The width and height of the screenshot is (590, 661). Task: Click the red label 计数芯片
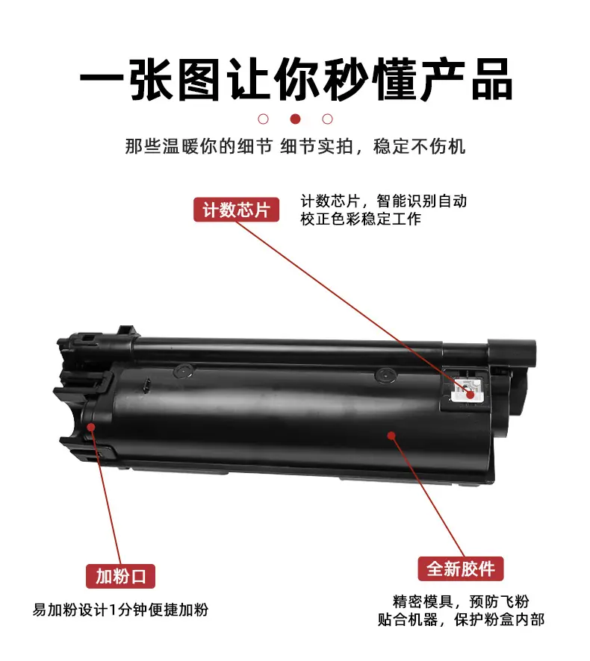tap(236, 210)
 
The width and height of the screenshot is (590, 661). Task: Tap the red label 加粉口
tap(121, 576)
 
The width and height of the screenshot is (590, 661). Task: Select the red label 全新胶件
tap(461, 568)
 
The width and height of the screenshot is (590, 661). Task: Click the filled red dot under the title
tap(296, 119)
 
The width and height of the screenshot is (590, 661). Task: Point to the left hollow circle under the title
tap(264, 119)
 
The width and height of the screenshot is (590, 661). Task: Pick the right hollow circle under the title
tap(328, 119)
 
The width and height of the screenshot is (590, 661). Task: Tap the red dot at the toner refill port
tap(91, 427)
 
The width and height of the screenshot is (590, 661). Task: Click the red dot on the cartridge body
tap(391, 435)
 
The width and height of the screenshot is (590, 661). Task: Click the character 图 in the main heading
tap(199, 79)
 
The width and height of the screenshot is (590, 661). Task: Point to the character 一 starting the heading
tap(102, 79)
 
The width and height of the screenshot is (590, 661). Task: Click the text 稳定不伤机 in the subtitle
tap(419, 147)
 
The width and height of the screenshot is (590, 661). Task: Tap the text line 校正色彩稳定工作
tap(361, 219)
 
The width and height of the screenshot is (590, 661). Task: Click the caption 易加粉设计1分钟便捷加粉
tap(121, 610)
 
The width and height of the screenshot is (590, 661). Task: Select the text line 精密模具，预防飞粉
tap(461, 601)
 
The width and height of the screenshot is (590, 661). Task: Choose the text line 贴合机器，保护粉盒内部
tap(461, 620)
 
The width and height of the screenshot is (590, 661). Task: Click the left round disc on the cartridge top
tap(184, 371)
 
